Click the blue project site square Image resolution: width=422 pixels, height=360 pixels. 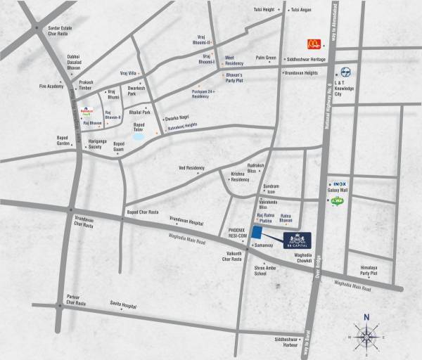point(258,233)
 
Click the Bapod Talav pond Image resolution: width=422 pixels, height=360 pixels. point(139,136)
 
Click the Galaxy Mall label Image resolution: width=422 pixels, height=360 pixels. point(338,190)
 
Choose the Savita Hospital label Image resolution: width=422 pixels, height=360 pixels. point(121,306)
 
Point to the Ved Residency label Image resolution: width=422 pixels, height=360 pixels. point(191,168)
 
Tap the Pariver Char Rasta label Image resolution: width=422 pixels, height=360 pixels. point(72,300)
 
